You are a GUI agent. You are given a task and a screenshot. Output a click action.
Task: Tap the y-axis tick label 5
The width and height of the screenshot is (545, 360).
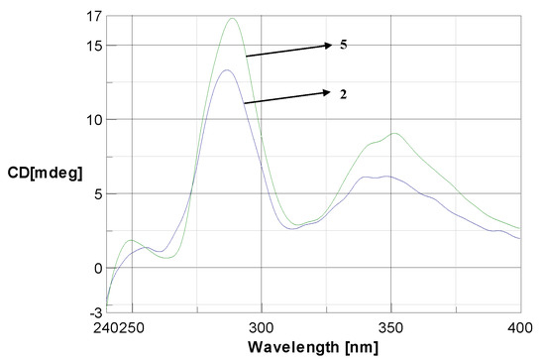point(96,193)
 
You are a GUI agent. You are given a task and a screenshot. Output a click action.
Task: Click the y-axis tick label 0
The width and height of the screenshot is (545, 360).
point(96,268)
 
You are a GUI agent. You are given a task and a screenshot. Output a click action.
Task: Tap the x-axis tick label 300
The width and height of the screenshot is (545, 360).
point(262,325)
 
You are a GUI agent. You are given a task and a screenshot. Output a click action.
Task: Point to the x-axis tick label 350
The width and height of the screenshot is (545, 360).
point(391,325)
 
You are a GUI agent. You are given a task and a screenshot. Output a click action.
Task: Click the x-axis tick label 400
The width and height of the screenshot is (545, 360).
point(520,325)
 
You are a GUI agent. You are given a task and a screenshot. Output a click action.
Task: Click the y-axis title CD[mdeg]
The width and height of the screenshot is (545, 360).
point(44,171)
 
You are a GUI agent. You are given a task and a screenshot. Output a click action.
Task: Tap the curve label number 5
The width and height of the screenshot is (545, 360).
point(345,45)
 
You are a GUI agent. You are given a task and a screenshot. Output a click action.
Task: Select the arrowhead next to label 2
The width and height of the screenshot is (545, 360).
point(328,93)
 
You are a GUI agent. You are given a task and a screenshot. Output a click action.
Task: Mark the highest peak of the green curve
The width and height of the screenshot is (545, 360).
point(233,18)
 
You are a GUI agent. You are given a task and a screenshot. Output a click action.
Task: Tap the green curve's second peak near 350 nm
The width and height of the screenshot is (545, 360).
point(395,133)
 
